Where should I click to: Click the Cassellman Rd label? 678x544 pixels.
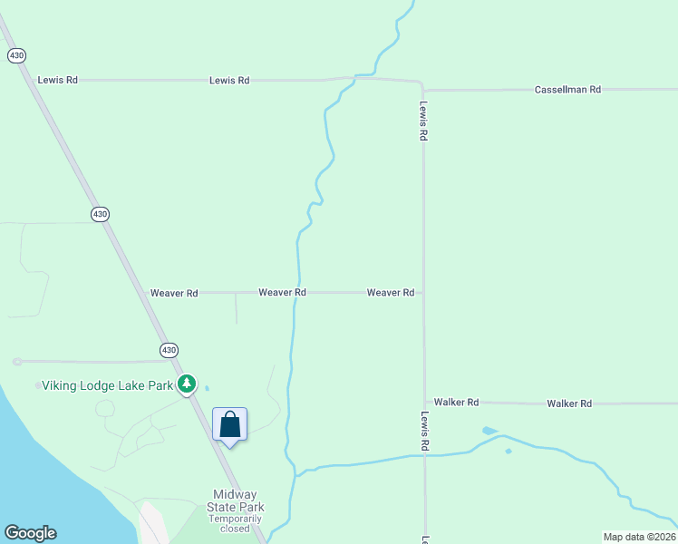click(567, 90)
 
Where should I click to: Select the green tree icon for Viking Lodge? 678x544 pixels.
click(187, 384)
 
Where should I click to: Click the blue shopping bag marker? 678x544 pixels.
click(229, 424)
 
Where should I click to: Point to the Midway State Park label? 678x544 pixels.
click(235, 500)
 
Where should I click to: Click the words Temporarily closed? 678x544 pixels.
click(235, 523)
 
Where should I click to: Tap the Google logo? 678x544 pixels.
click(30, 533)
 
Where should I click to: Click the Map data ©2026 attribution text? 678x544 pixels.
click(638, 537)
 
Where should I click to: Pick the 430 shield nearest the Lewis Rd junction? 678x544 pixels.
click(16, 55)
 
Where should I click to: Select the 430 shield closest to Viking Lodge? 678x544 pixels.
click(169, 350)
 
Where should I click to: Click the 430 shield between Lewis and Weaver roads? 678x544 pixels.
click(100, 214)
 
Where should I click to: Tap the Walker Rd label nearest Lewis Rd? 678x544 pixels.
click(456, 402)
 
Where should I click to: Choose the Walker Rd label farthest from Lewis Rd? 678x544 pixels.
click(569, 403)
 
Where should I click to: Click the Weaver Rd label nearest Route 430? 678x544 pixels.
click(174, 293)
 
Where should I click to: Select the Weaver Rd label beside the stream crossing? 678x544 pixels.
click(282, 292)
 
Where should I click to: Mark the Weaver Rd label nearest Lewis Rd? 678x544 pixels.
click(391, 292)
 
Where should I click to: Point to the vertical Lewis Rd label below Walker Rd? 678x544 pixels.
click(424, 432)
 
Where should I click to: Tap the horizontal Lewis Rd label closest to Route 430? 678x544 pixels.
click(57, 80)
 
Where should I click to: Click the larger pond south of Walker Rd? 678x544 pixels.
click(489, 431)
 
